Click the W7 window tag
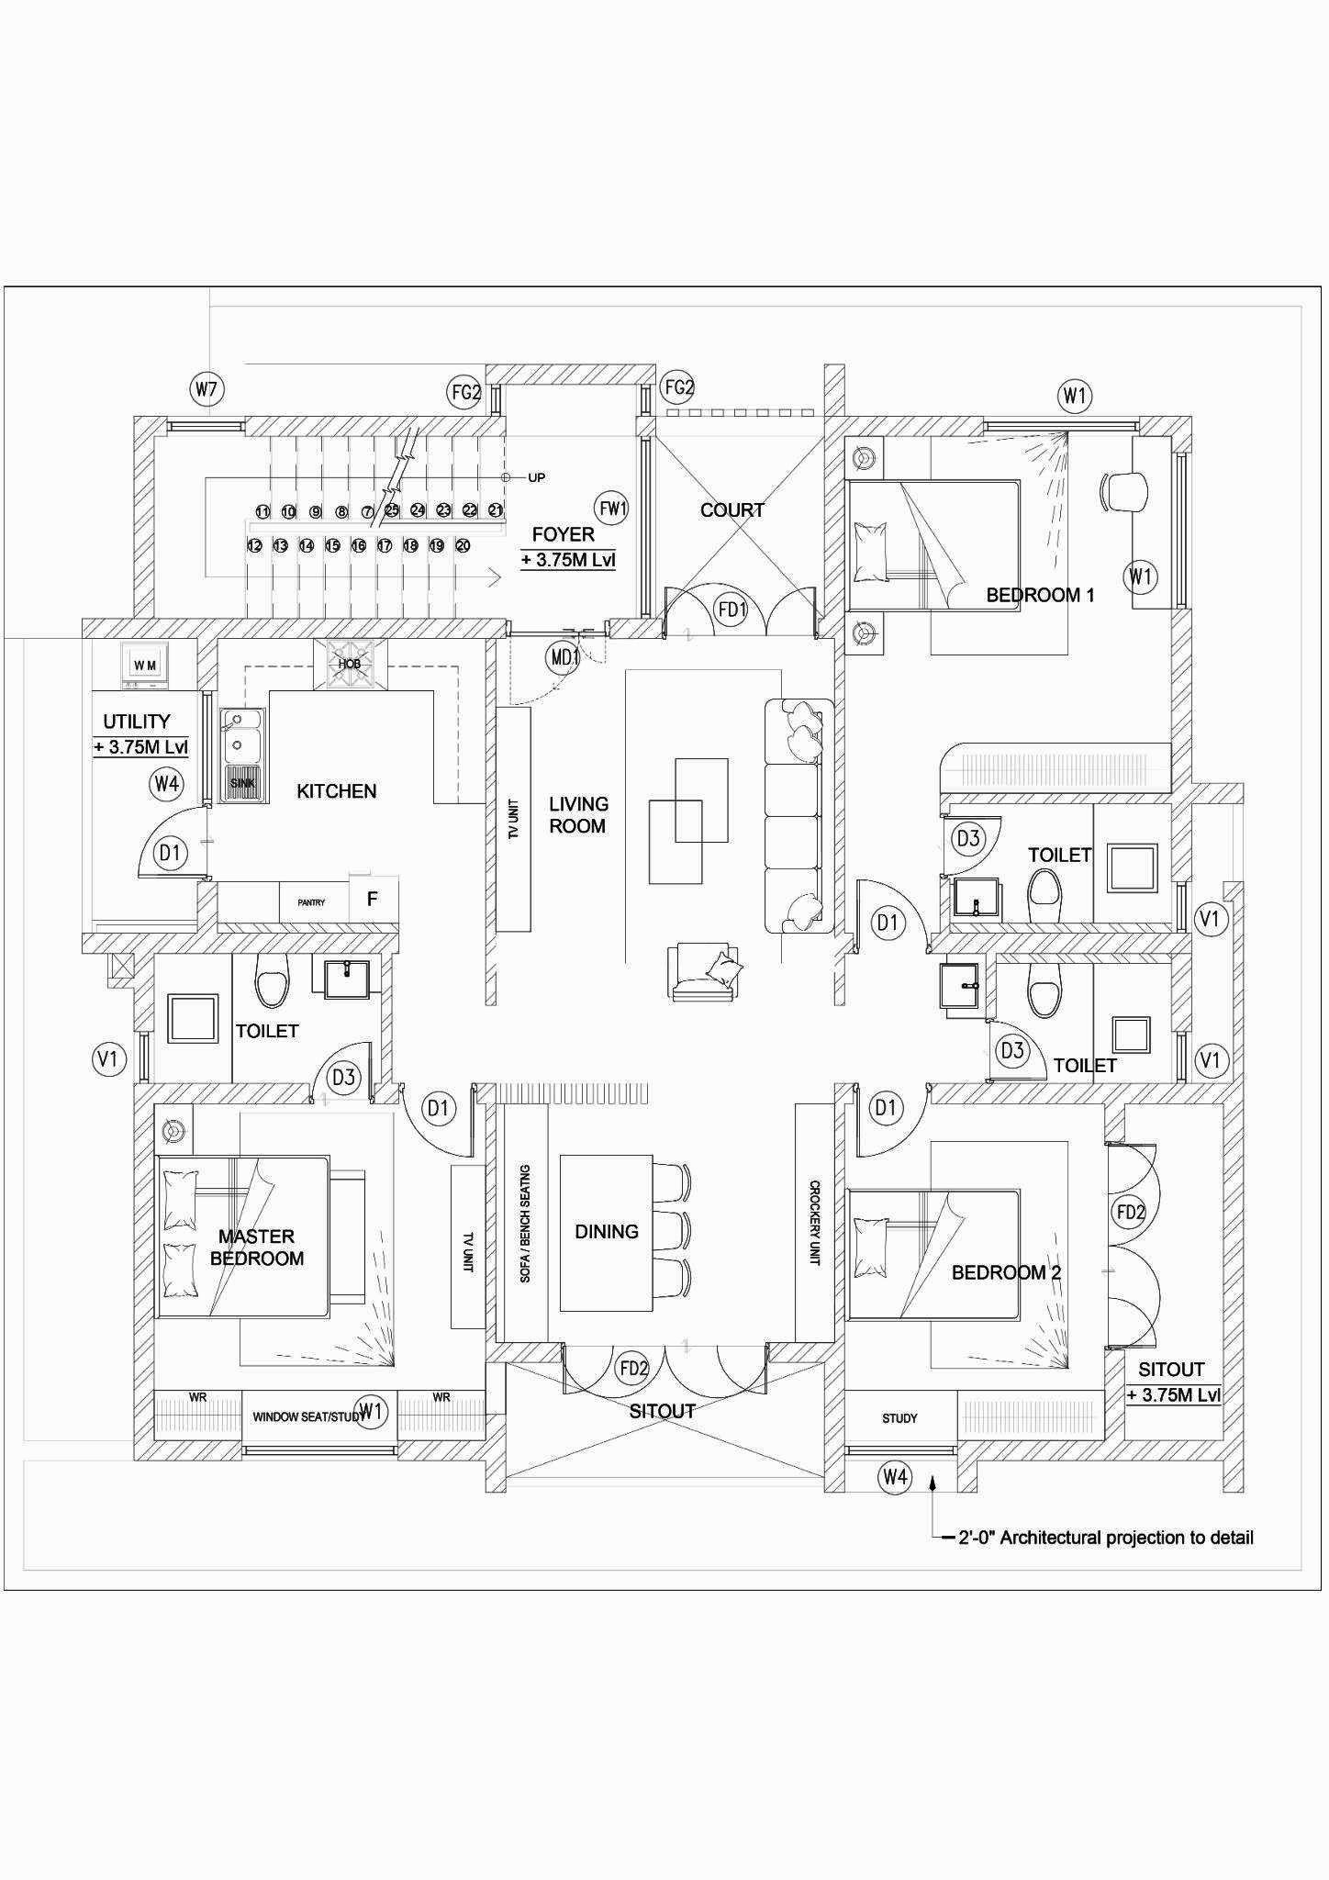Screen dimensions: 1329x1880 (x=207, y=389)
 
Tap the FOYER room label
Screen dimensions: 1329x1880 (x=563, y=534)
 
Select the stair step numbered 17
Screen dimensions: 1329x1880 (x=385, y=546)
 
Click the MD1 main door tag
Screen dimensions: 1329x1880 (x=563, y=657)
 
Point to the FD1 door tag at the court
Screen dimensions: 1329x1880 (x=732, y=609)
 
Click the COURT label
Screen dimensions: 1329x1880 (x=732, y=510)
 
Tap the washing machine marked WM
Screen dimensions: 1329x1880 (x=144, y=665)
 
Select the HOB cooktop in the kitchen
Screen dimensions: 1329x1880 (x=350, y=664)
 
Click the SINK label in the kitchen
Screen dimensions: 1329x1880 (x=243, y=783)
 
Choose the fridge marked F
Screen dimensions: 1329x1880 (x=372, y=900)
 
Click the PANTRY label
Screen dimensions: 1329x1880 (x=311, y=902)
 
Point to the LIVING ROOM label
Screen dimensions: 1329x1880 (x=578, y=815)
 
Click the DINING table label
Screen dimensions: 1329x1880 (x=606, y=1232)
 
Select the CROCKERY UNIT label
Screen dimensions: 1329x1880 (x=814, y=1223)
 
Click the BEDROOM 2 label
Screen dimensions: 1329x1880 (x=1006, y=1273)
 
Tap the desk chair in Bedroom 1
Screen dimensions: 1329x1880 (x=1125, y=491)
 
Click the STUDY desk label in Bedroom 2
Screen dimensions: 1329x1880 (x=899, y=1418)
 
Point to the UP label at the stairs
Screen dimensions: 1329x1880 (x=537, y=477)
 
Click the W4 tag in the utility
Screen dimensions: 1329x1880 (x=166, y=784)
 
